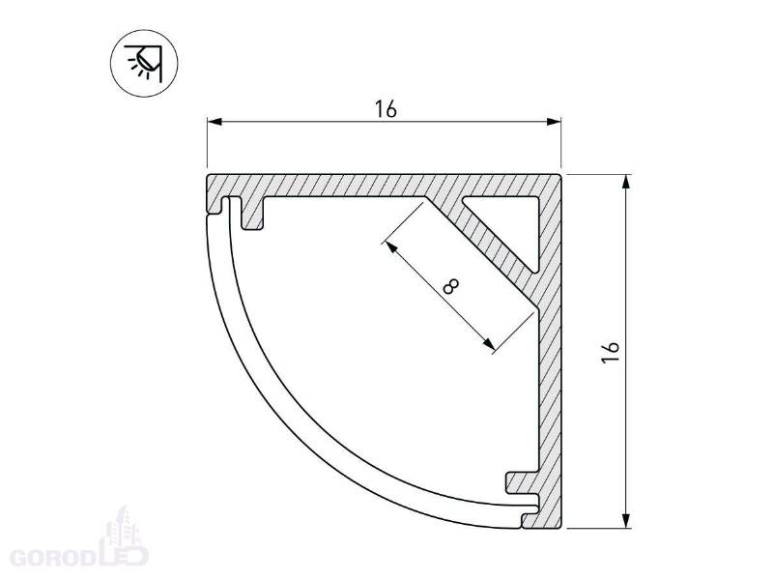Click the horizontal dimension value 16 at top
pos(386,109)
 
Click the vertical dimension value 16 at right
pos(611,352)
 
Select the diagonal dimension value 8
pos(450,286)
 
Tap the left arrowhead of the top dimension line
pos(214,122)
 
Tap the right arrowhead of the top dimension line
pos(555,122)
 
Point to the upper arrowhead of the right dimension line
pos(626,182)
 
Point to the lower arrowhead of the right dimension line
pos(626,521)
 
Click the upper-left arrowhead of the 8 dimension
pos(390,246)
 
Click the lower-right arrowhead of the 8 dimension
pos(488,343)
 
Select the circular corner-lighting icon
pos(143,63)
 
